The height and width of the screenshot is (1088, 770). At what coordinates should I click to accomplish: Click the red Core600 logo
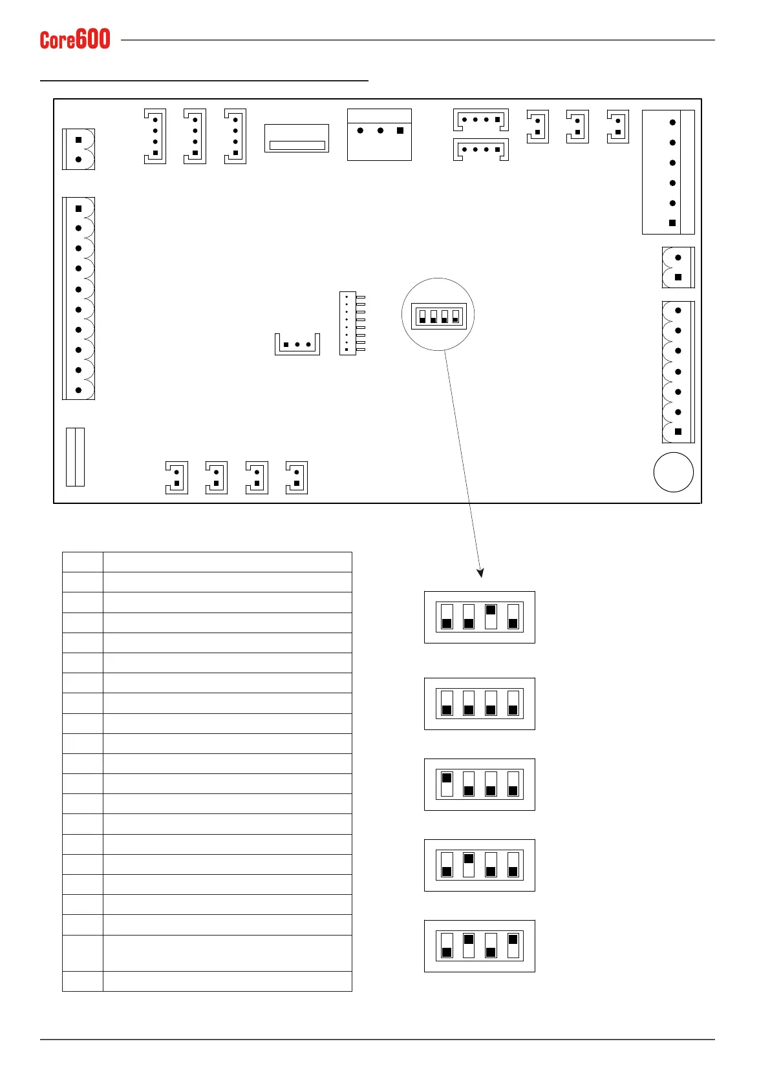coord(75,39)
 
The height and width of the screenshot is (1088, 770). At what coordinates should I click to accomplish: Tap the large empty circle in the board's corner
coord(673,472)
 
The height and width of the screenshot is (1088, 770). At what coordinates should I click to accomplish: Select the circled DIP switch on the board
coord(439,315)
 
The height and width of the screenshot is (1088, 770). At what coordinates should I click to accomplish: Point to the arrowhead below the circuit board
coord(480,572)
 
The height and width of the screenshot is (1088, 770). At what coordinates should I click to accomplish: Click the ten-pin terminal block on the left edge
coord(78,298)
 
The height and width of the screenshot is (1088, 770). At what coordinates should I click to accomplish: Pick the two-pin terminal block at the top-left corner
coord(78,149)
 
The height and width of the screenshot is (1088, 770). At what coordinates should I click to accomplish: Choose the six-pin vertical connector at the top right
coord(668,172)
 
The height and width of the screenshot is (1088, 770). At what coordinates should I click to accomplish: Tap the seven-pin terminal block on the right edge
coord(678,371)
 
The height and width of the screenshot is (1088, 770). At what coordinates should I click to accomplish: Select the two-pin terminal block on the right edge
coord(678,267)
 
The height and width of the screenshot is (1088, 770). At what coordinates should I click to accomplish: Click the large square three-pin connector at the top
coord(380,134)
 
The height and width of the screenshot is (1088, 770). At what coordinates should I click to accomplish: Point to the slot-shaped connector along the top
coord(297,138)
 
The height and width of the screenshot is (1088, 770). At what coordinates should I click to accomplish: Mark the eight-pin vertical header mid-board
coord(348,323)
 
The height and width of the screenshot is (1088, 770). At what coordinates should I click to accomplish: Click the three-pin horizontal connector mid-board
coord(297,344)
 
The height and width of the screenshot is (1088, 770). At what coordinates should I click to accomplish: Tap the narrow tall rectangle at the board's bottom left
coord(75,457)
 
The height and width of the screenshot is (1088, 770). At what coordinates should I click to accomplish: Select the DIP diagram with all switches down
coord(480,704)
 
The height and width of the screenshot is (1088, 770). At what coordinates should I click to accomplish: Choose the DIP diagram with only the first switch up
coord(480,784)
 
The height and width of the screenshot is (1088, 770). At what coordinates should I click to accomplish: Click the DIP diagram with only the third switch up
coord(480,617)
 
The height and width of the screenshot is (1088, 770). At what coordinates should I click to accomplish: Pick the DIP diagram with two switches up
coord(480,946)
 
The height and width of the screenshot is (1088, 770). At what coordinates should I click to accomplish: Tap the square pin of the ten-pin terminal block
coord(79,209)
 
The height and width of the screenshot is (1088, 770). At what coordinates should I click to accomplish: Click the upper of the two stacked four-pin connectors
coord(481,120)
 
